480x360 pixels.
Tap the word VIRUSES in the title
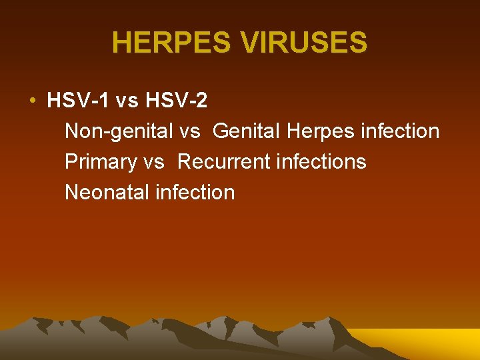(x=305, y=43)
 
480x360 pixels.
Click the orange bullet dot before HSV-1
(x=32, y=101)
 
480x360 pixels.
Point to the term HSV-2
(x=175, y=101)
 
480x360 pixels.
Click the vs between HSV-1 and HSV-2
(x=127, y=101)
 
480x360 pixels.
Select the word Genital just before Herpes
(x=247, y=131)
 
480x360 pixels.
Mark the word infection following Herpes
(x=400, y=131)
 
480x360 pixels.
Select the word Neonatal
(x=107, y=193)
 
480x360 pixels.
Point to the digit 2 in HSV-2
(x=202, y=101)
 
